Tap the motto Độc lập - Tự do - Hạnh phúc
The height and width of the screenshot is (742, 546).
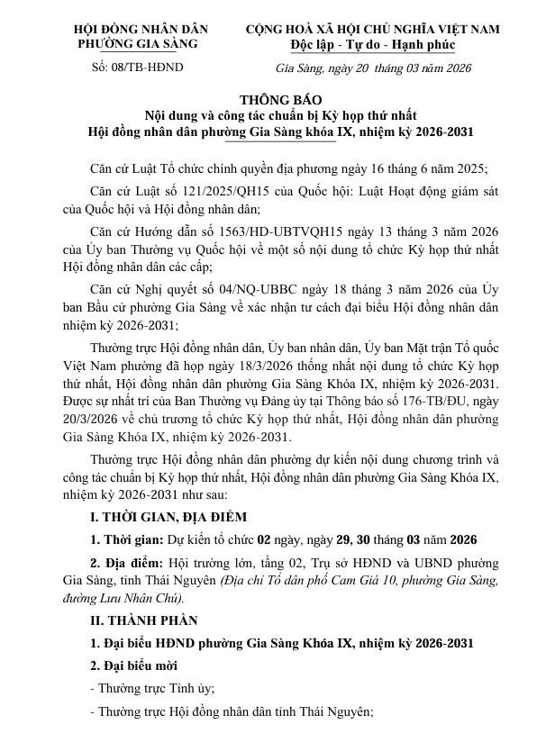[x=373, y=44]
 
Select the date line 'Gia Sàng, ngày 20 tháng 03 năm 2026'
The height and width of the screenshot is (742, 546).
[x=372, y=68]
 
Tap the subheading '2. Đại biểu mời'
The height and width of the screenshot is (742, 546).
[x=134, y=665]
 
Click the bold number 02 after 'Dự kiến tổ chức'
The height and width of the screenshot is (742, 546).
[x=265, y=540]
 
